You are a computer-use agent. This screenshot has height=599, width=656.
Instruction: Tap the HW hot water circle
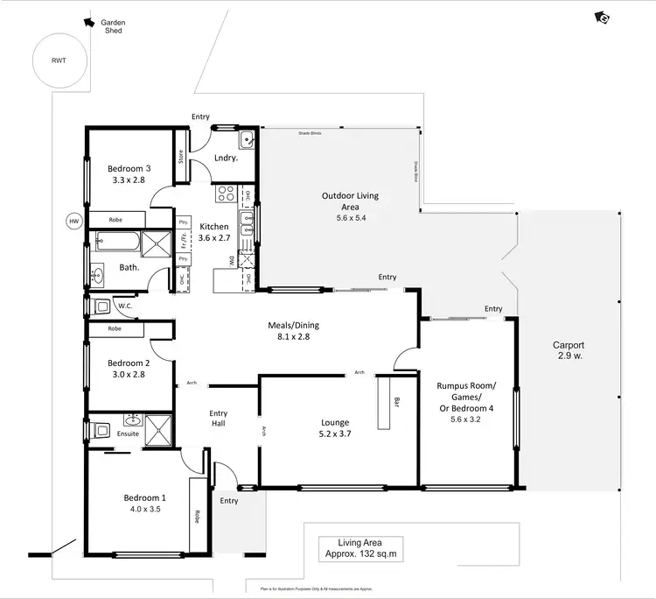(73, 221)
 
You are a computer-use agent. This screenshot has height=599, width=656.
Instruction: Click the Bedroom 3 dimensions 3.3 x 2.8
(128, 180)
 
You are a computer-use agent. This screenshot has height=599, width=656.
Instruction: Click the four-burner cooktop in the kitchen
(225, 194)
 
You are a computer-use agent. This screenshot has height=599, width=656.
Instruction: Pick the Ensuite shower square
(159, 430)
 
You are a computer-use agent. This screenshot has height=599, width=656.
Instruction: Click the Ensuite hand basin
(132, 420)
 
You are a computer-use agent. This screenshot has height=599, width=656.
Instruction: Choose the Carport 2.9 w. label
(569, 350)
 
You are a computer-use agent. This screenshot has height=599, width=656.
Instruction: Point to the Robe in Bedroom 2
(115, 330)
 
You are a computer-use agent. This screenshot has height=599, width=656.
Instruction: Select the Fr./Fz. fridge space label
(184, 241)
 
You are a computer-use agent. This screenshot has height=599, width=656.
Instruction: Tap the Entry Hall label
(219, 419)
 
